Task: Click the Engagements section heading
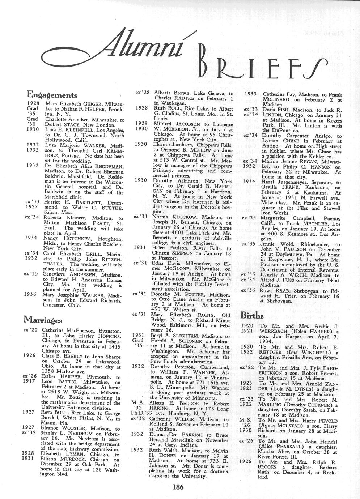click(x=52, y=95)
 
